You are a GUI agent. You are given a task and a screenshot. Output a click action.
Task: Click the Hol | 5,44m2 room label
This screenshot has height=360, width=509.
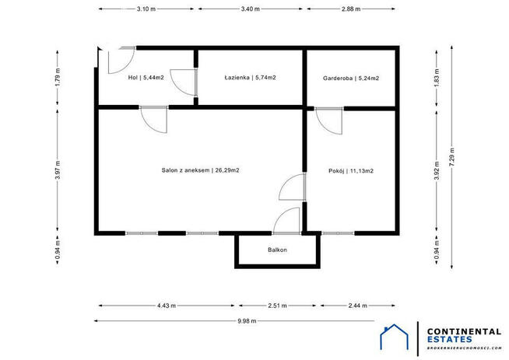click(x=145, y=78)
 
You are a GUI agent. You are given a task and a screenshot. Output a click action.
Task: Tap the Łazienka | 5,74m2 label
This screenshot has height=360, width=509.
click(x=251, y=78)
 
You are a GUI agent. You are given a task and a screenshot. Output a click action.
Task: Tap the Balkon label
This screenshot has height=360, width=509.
click(x=277, y=250)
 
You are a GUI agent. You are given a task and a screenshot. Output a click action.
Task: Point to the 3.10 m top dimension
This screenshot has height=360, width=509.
click(x=146, y=9)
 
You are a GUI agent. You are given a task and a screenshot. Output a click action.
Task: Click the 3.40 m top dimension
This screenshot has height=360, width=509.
click(x=251, y=9)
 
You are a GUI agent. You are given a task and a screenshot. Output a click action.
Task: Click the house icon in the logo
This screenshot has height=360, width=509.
click(x=395, y=337)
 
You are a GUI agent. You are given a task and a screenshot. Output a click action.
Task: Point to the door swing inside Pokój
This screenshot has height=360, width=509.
click(x=328, y=121)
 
